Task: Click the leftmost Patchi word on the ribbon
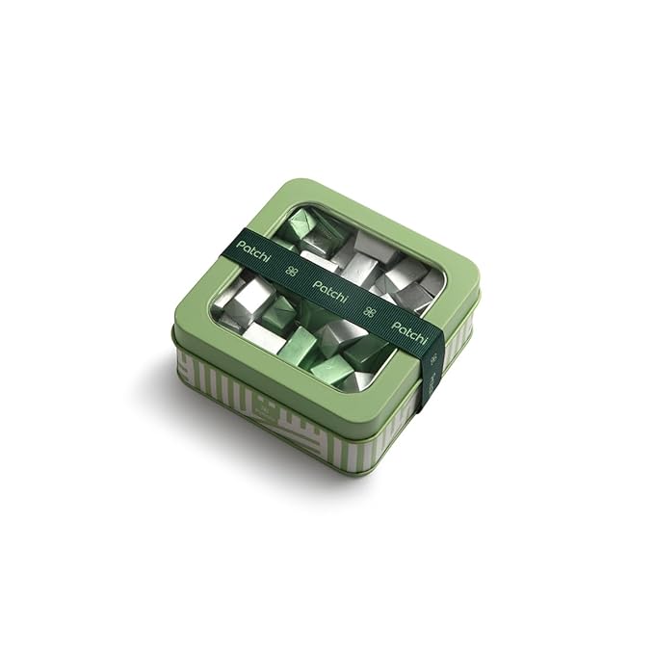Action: coord(252,250)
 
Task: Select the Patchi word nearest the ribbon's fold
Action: coord(409,332)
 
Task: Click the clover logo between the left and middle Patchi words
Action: coord(292,271)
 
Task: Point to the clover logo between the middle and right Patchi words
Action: coord(370,311)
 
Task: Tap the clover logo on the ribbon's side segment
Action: coord(434,358)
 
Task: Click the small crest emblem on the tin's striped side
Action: coord(265,405)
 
